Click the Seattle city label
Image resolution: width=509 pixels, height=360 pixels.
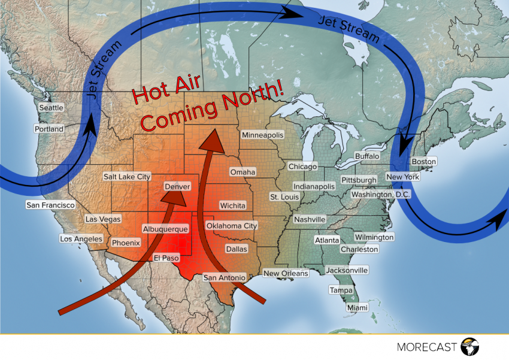(51, 107)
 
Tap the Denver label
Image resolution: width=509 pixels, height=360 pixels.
(177, 187)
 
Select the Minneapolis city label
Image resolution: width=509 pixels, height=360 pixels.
(262, 135)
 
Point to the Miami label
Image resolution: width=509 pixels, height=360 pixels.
(358, 307)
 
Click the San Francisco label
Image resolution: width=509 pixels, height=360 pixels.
(50, 205)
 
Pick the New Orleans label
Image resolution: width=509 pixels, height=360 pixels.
(286, 273)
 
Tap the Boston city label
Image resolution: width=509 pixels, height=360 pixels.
(424, 162)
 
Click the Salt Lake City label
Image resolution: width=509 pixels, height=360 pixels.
(127, 177)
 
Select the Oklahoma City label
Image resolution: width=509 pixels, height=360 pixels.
(231, 226)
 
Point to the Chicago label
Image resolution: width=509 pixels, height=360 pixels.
(302, 166)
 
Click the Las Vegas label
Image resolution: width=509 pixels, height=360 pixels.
(103, 219)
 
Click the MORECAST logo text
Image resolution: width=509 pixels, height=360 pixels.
(426, 347)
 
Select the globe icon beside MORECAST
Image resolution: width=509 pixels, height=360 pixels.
(471, 346)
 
